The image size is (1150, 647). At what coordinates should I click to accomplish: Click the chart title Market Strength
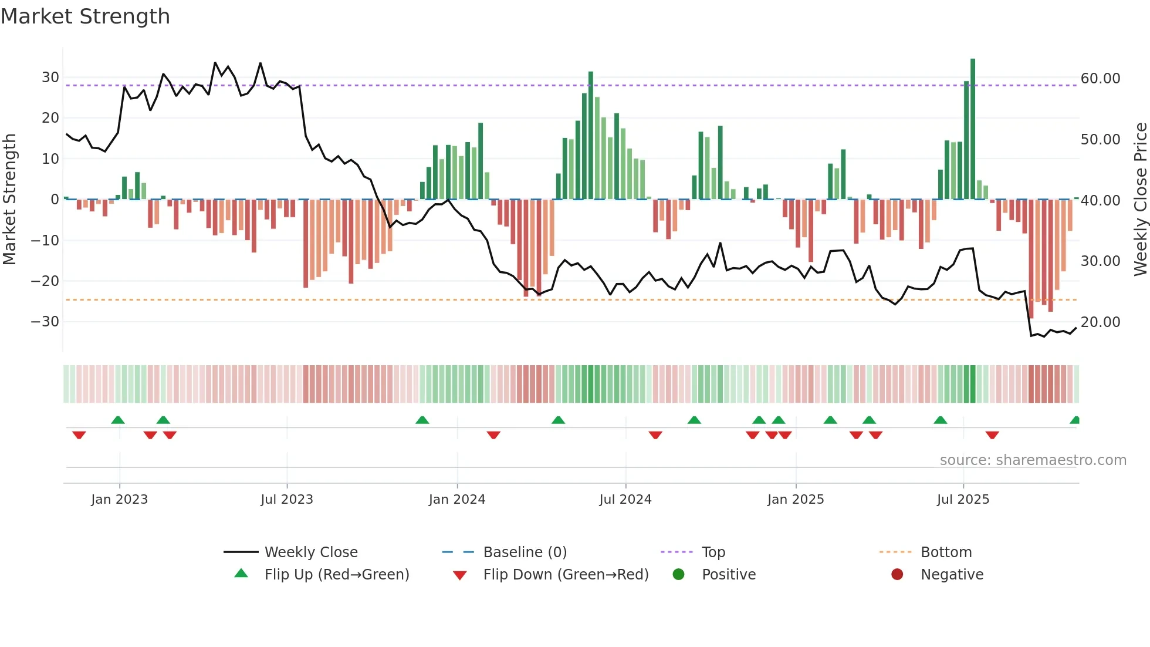(x=85, y=16)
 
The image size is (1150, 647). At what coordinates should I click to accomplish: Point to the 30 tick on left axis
(x=50, y=77)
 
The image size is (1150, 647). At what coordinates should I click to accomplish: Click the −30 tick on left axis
(x=45, y=322)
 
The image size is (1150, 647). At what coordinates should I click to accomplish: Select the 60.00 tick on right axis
(x=1100, y=79)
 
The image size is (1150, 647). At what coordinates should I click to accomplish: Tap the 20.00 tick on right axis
(x=1100, y=322)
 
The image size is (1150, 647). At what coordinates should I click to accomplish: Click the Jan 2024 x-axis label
(x=457, y=500)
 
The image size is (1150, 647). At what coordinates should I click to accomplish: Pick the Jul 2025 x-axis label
(x=963, y=500)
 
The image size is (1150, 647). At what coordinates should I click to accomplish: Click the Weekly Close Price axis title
(x=1140, y=200)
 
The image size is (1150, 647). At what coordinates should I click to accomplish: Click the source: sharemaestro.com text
(x=1033, y=460)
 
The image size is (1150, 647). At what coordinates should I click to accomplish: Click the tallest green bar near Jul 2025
(x=973, y=129)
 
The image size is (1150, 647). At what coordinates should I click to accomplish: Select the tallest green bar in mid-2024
(x=591, y=135)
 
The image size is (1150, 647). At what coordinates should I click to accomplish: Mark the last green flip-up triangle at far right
(x=1075, y=420)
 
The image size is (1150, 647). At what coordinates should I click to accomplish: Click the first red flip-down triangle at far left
(x=79, y=435)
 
